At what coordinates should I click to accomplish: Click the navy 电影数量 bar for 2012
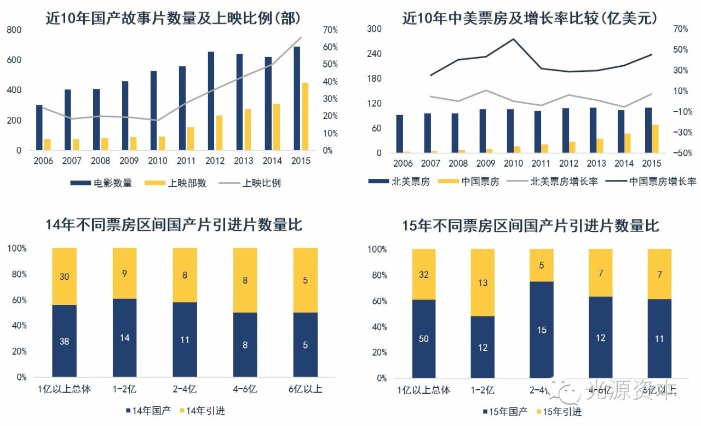[211, 101]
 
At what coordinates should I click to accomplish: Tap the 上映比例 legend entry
[262, 183]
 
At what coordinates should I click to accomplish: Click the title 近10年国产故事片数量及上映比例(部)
[173, 19]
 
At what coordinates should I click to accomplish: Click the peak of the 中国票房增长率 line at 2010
[514, 39]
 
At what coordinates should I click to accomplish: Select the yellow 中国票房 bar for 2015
[655, 139]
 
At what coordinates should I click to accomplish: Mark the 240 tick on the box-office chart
[375, 54]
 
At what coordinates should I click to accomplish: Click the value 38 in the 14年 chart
[65, 341]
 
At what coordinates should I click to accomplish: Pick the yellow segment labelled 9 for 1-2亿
[125, 273]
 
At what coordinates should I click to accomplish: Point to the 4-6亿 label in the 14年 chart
[245, 390]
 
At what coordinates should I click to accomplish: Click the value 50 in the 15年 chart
[424, 339]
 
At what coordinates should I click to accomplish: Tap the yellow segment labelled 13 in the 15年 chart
[482, 283]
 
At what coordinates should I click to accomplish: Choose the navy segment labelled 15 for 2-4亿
[541, 330]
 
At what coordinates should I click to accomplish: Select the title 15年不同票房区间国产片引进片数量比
[530, 226]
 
